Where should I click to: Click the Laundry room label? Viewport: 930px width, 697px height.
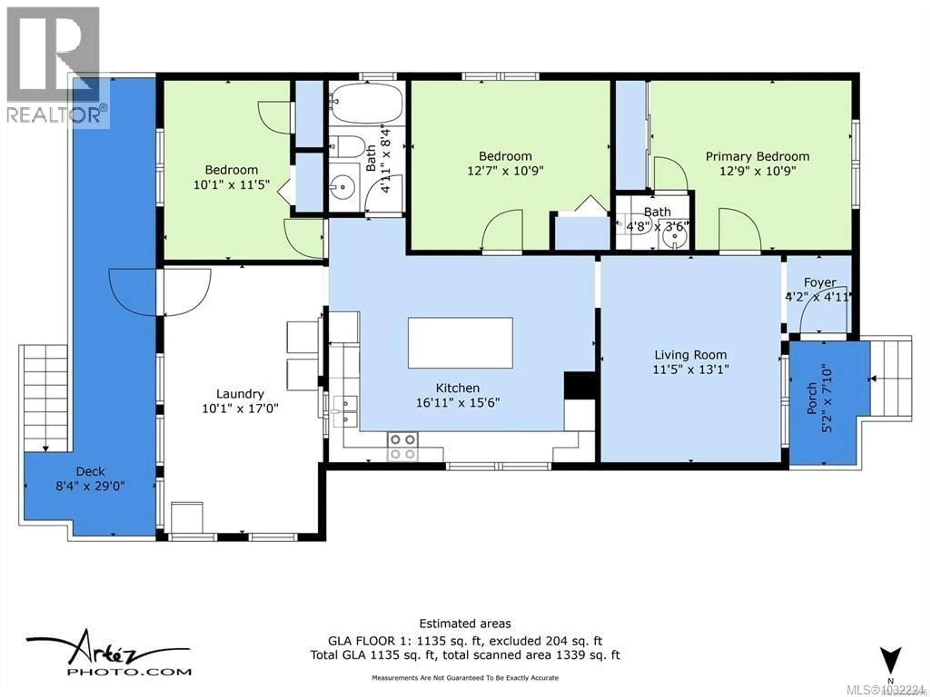(240, 394)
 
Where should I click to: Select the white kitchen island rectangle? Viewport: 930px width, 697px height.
(460, 343)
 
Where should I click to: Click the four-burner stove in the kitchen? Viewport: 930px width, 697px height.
(402, 447)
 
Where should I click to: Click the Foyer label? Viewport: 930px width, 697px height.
(820, 282)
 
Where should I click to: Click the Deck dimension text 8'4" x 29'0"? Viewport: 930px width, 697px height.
(90, 486)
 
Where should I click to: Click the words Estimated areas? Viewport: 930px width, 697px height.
(465, 623)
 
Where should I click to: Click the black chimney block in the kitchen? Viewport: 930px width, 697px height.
(579, 385)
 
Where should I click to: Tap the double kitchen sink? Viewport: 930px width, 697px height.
(345, 411)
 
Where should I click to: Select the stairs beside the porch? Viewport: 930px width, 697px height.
(891, 378)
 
